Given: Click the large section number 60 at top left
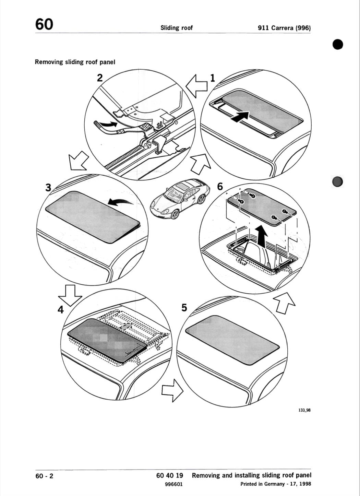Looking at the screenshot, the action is click(x=44, y=24).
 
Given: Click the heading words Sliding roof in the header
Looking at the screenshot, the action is click(x=177, y=28).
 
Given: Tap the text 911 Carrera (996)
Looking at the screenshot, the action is click(x=284, y=28).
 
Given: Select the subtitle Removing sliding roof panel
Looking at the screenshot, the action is click(x=75, y=62).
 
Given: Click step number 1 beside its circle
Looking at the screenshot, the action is click(x=213, y=78).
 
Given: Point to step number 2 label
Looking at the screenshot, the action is click(x=100, y=78).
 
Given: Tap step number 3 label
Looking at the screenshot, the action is click(x=48, y=188).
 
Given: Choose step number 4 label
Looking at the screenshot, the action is click(x=61, y=309).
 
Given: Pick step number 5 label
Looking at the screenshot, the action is click(x=184, y=308).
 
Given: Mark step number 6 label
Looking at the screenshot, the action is click(x=220, y=187).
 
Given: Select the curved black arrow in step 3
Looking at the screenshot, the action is click(x=120, y=201).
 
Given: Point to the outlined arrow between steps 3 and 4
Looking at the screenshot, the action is click(x=70, y=296).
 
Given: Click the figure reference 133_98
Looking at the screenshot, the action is click(x=305, y=410).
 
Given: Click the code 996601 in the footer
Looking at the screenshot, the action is click(x=174, y=484).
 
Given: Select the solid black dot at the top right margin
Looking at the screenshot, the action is click(x=338, y=44).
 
